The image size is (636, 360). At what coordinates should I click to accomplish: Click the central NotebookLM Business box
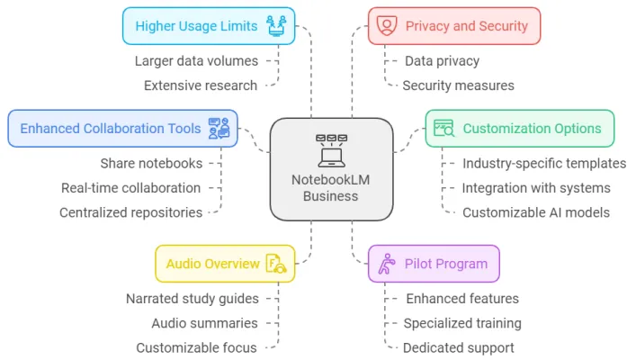click(x=331, y=169)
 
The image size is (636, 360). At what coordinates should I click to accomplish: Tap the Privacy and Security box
click(x=453, y=26)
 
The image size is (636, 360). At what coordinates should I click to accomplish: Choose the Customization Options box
click(x=519, y=128)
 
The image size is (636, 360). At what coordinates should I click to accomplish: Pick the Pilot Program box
click(x=434, y=264)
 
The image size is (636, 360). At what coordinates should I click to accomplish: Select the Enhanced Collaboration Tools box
click(x=122, y=128)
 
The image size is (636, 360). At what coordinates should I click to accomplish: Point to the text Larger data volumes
click(x=196, y=61)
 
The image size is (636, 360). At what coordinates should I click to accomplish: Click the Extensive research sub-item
click(x=201, y=85)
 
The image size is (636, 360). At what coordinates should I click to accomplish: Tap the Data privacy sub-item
click(x=441, y=61)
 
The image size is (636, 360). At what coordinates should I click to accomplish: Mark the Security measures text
click(x=458, y=85)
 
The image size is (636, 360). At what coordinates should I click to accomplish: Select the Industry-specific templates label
click(x=544, y=164)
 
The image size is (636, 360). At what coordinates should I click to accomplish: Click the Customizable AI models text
click(x=534, y=212)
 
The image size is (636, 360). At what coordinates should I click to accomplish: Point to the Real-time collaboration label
click(x=130, y=188)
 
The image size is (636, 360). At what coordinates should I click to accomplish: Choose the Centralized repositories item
click(x=130, y=212)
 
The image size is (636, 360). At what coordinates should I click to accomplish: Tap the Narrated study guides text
click(x=192, y=299)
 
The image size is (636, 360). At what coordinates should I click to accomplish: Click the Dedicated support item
click(x=459, y=347)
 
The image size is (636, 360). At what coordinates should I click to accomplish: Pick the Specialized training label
click(x=462, y=323)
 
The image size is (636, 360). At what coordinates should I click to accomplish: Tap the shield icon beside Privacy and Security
click(x=387, y=26)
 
